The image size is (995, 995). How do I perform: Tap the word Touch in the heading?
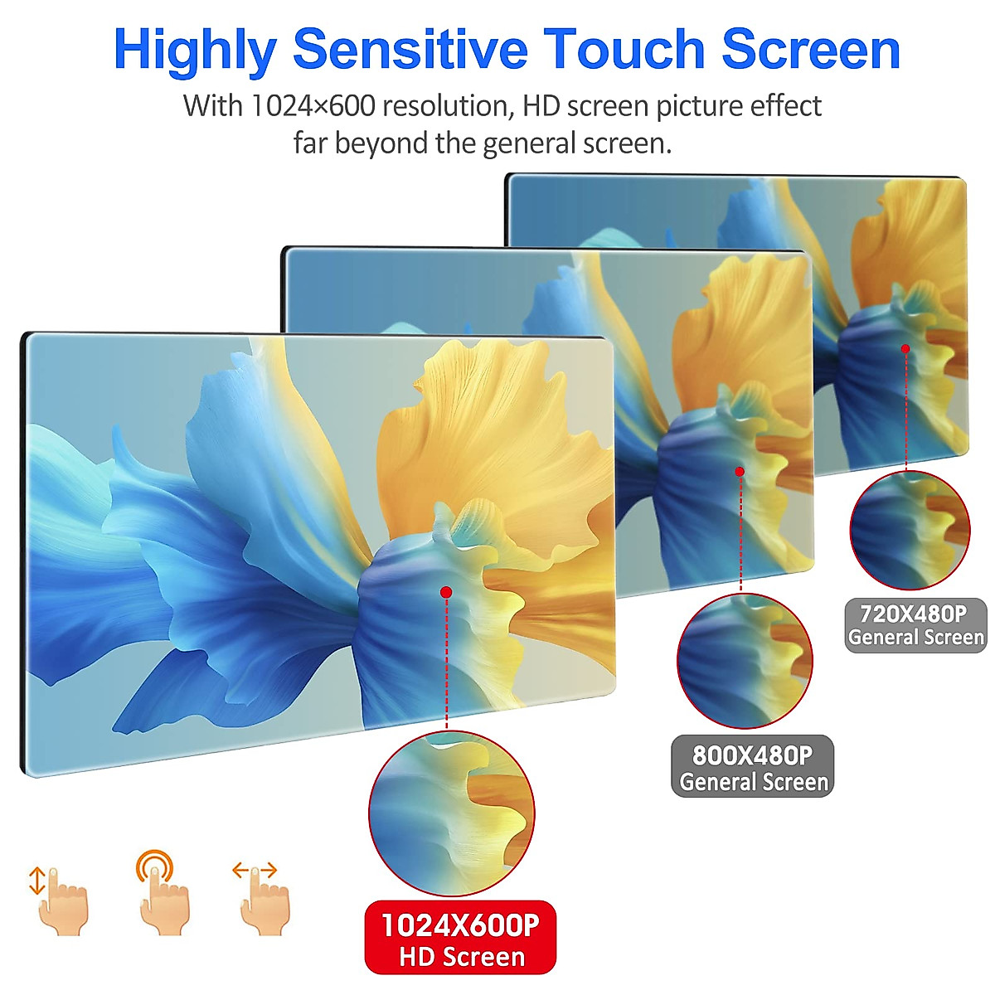pyautogui.click(x=624, y=49)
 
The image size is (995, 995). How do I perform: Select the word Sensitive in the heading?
pyautogui.click(x=410, y=49)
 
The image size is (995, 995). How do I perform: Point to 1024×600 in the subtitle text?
pyautogui.click(x=313, y=106)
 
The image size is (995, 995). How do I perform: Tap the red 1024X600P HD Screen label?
pyautogui.click(x=460, y=936)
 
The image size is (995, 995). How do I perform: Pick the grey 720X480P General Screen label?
pyautogui.click(x=915, y=626)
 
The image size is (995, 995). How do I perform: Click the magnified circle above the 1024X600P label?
pyautogui.click(x=452, y=813)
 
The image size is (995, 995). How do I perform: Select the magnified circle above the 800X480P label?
pyautogui.click(x=745, y=662)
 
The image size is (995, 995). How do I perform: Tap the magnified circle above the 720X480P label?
pyautogui.click(x=910, y=531)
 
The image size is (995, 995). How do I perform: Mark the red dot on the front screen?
pyautogui.click(x=447, y=592)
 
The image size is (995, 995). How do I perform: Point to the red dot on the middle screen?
pyautogui.click(x=740, y=472)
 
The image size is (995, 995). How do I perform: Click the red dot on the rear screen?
pyautogui.click(x=905, y=349)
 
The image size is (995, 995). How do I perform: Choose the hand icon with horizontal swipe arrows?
pyautogui.click(x=261, y=899)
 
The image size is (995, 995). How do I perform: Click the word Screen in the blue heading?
pyautogui.click(x=811, y=49)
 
